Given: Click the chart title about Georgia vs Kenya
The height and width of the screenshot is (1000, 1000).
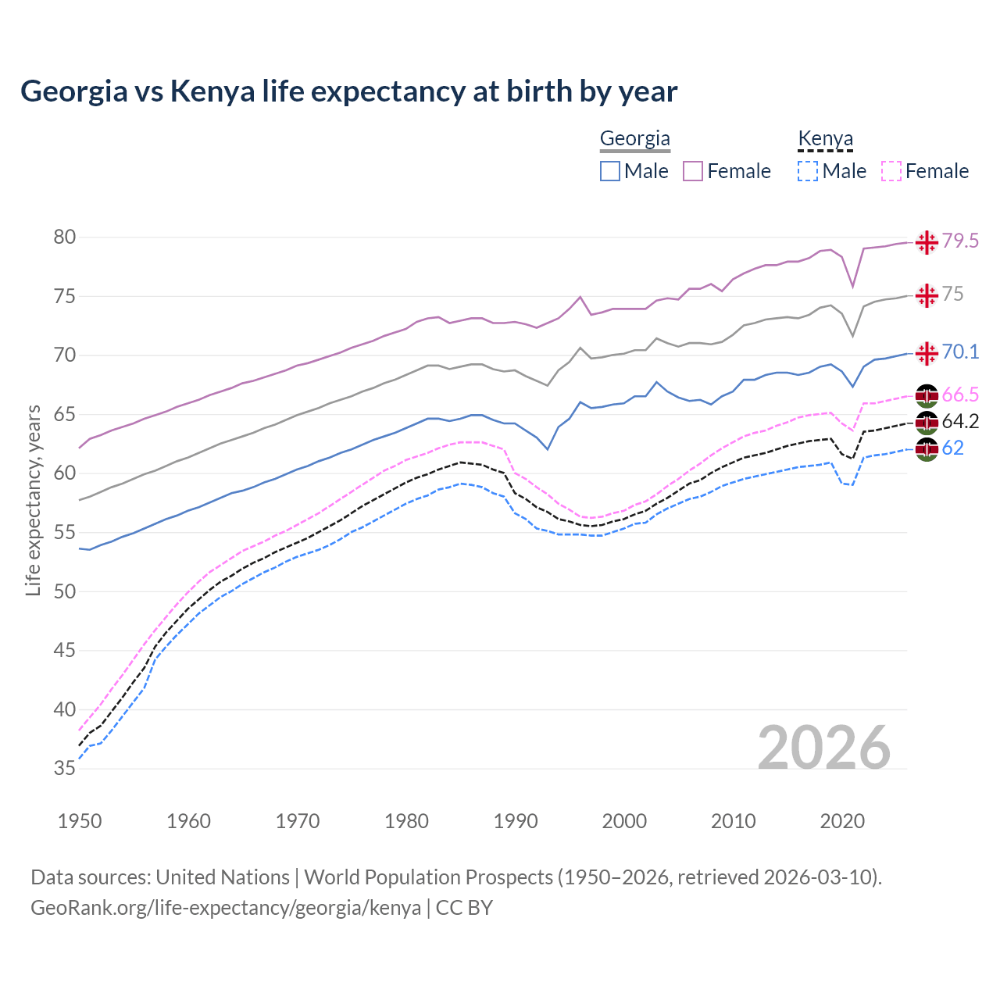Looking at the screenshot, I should coord(348,91).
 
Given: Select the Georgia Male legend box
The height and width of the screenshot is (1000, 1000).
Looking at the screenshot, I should coord(610,171).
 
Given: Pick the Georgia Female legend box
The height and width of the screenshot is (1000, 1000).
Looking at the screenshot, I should coord(693,171).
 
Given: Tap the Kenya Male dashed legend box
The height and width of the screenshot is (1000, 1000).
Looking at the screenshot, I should coord(808,171).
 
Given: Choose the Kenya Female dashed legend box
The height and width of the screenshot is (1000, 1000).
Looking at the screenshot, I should coord(891,171).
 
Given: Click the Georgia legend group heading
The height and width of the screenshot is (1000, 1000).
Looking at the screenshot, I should coord(634,139).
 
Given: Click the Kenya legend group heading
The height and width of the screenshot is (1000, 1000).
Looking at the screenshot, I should coord(825,139).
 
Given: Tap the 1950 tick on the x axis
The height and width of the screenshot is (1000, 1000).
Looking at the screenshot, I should coord(80,821).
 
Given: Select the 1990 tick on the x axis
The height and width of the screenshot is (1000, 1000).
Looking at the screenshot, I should coord(516,821).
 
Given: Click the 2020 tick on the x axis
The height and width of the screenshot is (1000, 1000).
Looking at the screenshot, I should coord(842,821).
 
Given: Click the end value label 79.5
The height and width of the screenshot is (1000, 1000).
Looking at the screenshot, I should coord(960,241).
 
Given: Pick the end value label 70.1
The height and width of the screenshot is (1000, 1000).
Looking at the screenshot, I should coord(960,352).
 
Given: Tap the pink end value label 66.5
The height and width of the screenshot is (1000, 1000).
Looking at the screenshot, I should coord(960,395).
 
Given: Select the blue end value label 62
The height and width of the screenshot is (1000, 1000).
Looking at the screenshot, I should coord(953,448).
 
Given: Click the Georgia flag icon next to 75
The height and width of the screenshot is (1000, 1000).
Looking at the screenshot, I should coord(927,295).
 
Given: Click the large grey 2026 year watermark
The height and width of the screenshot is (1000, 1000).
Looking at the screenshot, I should coord(824,748).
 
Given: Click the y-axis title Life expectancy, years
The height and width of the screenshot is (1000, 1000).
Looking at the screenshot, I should coord(33,500).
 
